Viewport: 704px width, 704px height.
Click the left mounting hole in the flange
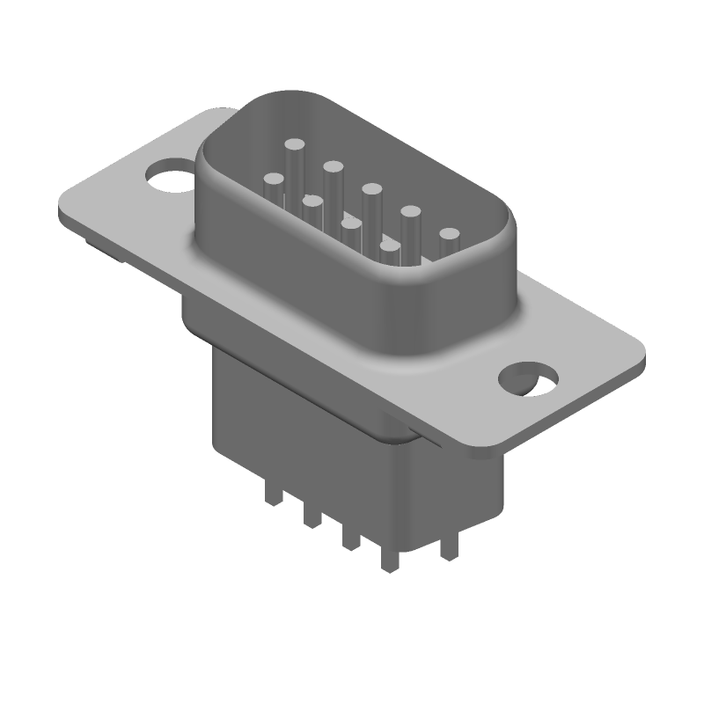[170, 174]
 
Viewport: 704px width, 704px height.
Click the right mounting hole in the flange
[528, 378]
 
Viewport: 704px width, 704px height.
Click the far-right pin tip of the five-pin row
[450, 234]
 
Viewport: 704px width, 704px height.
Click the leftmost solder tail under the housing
[275, 496]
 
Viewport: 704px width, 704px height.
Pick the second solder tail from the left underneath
[311, 518]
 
